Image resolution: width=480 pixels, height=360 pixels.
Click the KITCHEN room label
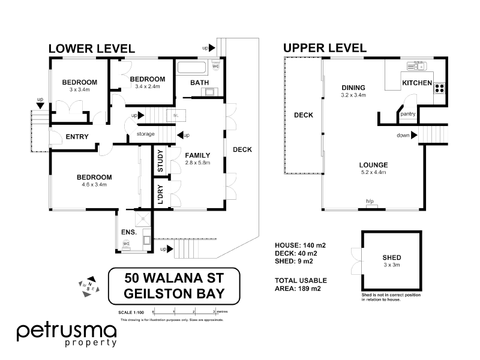(x=416, y=83)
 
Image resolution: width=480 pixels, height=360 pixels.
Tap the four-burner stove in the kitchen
(x=439, y=88)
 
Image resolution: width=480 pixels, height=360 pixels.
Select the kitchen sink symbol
(x=415, y=64)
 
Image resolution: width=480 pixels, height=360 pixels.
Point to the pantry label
(x=408, y=113)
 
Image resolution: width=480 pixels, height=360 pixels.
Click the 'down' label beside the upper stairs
(x=403, y=135)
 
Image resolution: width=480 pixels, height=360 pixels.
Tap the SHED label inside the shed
(x=392, y=257)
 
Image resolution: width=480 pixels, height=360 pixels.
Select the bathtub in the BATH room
(x=191, y=67)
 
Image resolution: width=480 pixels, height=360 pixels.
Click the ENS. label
(x=128, y=232)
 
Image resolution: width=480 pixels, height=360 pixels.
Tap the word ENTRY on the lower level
(x=77, y=137)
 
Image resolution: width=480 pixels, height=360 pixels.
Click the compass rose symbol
(x=86, y=287)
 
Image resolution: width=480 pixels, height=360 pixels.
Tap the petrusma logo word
(x=66, y=331)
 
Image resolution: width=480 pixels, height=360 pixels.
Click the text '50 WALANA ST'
(x=174, y=278)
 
